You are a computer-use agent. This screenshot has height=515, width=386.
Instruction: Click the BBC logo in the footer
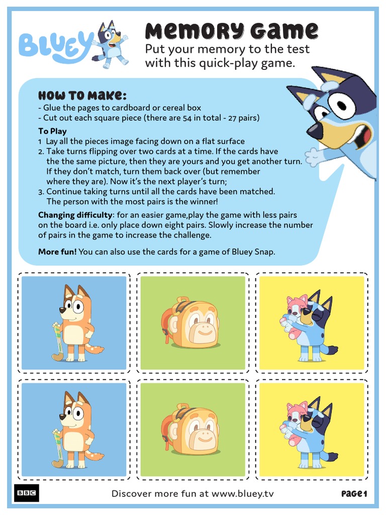pos(27,493)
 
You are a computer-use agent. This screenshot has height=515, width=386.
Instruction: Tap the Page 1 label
pos(354,494)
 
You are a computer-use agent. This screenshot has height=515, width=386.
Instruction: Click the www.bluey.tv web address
pos(243,493)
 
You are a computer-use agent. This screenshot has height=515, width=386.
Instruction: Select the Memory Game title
pos(231,31)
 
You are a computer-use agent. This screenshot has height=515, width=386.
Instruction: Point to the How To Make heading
pos(82,96)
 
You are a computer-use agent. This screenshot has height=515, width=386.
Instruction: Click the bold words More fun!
pos(57,251)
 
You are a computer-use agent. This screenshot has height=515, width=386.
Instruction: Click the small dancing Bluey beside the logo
pos(111,44)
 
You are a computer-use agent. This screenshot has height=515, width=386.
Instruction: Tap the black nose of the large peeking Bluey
pos(315,131)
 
